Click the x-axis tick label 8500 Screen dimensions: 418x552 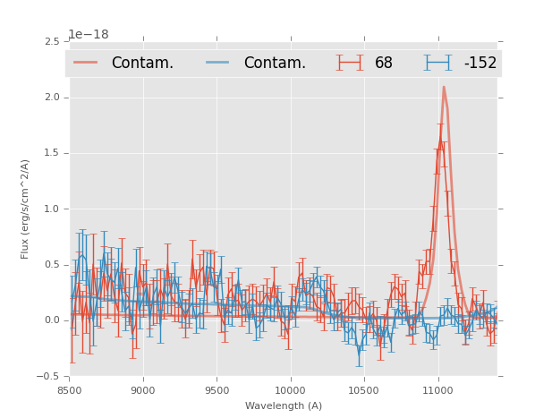pyautogui.click(x=69, y=390)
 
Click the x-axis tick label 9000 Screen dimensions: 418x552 pyautogui.click(x=143, y=390)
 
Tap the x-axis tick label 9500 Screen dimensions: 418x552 pyautogui.click(x=217, y=390)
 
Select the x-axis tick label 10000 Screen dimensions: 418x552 pyautogui.click(x=290, y=390)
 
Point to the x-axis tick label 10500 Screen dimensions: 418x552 pyautogui.click(x=364, y=390)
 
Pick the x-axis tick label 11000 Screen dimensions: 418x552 pyautogui.click(x=437, y=390)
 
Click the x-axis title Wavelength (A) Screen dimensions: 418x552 pyautogui.click(x=284, y=405)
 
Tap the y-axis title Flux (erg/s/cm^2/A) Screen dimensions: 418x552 pyautogui.click(x=26, y=209)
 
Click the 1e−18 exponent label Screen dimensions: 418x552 pyautogui.click(x=89, y=34)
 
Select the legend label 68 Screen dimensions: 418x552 pyautogui.click(x=384, y=63)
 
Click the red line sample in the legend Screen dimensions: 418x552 pyautogui.click(x=86, y=63)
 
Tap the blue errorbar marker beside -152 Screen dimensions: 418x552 pyautogui.click(x=437, y=63)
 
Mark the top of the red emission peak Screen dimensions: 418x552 pyautogui.click(x=443, y=87)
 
